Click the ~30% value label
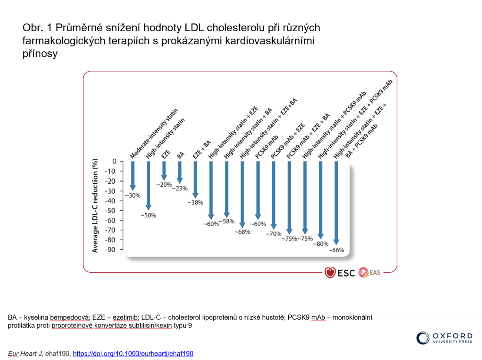(133, 195)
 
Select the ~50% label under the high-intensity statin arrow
(148, 215)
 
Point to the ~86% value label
(336, 250)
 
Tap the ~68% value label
(242, 232)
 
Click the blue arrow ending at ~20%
(164, 171)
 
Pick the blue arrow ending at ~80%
(320, 200)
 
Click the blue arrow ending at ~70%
(274, 195)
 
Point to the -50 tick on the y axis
(111, 211)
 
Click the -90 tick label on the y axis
(111, 250)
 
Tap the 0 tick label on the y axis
(114, 162)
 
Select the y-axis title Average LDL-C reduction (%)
(95, 206)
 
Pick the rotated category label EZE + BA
(202, 149)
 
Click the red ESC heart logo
(330, 273)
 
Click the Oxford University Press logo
(444, 338)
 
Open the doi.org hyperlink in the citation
(133, 353)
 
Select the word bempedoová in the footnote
(69, 317)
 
